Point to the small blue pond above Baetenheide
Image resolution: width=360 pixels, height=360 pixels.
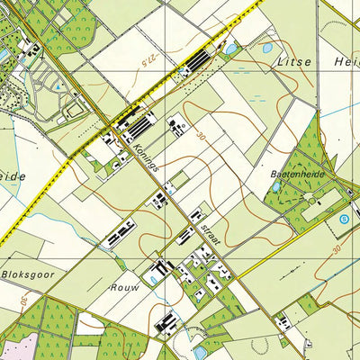[275, 187]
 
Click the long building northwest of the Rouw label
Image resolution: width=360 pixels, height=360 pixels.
[121, 237]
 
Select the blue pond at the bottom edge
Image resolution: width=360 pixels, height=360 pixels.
[200, 353]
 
